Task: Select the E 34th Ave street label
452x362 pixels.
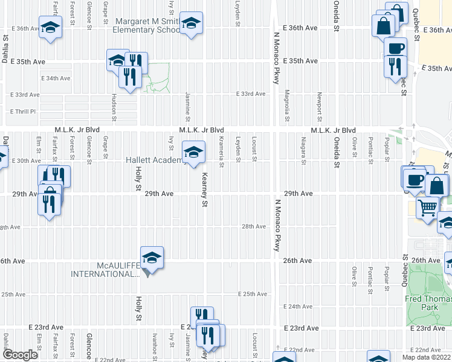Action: [x=56, y=78]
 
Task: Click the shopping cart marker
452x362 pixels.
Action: [x=428, y=208]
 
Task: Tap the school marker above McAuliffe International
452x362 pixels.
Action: [x=152, y=256]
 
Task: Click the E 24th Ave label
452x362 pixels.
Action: [x=300, y=307]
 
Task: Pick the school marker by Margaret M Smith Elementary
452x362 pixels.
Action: [x=191, y=23]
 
